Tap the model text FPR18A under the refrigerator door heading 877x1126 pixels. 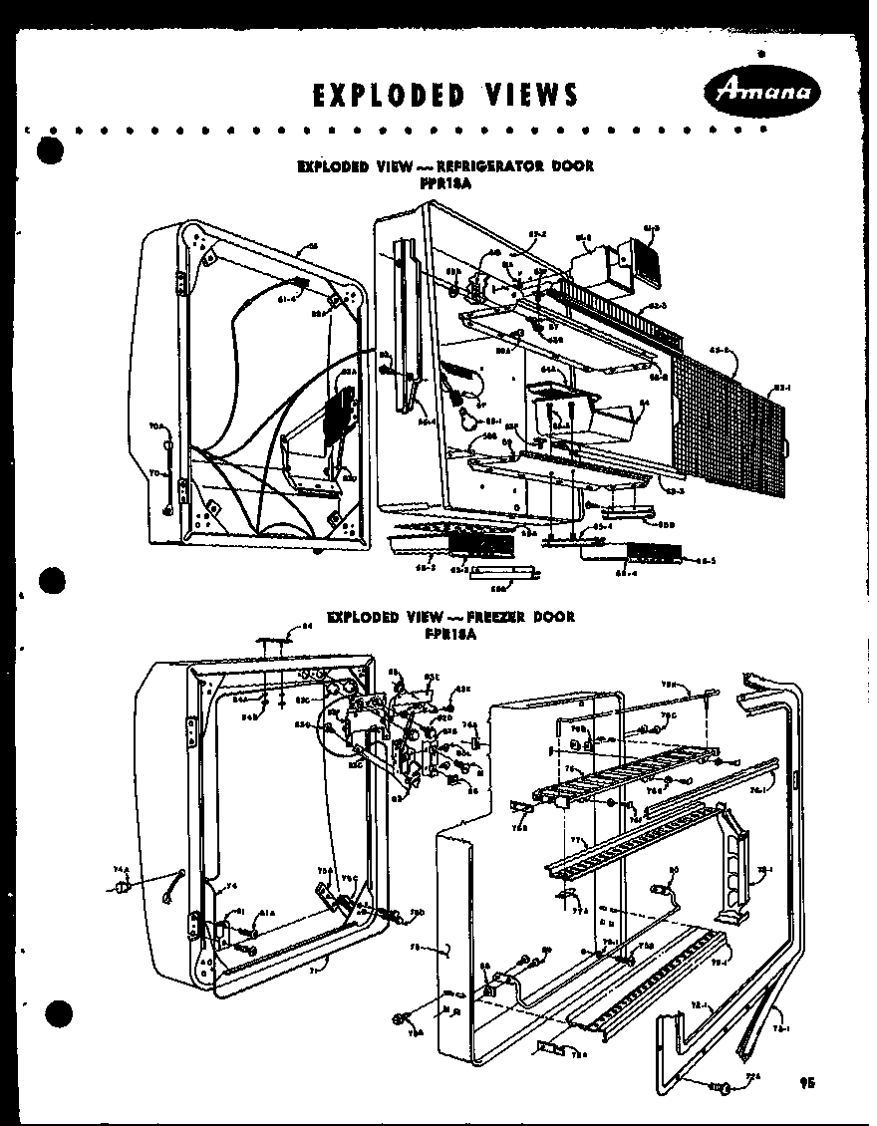(444, 182)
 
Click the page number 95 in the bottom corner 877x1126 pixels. (807, 1083)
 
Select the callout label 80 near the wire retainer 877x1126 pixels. (673, 869)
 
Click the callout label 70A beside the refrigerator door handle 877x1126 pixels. (155, 426)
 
